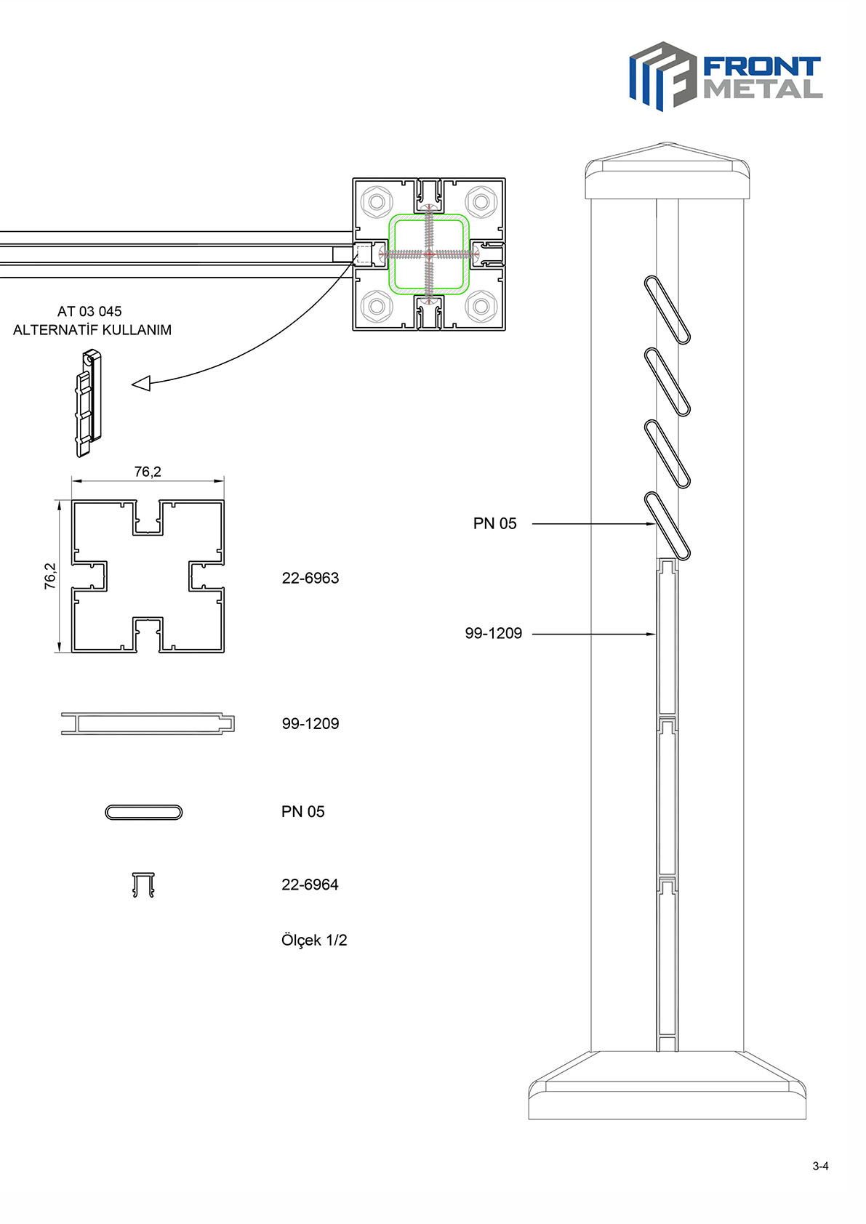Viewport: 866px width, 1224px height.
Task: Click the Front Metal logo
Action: tap(726, 76)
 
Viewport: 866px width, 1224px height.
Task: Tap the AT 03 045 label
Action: tap(89, 312)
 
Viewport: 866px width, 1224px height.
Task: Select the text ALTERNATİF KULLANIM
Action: tap(92, 330)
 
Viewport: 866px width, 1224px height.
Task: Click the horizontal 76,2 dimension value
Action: tap(148, 472)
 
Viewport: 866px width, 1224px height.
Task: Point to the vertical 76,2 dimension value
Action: tap(50, 576)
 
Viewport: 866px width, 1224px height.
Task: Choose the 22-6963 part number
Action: tap(310, 578)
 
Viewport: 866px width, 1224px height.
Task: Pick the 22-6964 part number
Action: tap(310, 885)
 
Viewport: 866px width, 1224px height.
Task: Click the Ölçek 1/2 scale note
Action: tap(314, 941)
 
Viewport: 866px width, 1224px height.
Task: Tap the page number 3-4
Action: tap(821, 1166)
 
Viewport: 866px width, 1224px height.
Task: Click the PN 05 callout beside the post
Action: tap(494, 523)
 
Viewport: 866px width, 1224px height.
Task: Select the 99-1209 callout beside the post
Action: tap(494, 633)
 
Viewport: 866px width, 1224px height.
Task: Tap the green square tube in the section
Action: tap(429, 215)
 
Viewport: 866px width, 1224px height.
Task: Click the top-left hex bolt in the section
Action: tap(376, 202)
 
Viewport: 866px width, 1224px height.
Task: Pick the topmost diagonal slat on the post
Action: tap(667, 310)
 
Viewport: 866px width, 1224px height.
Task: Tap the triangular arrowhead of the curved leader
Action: tap(141, 384)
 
